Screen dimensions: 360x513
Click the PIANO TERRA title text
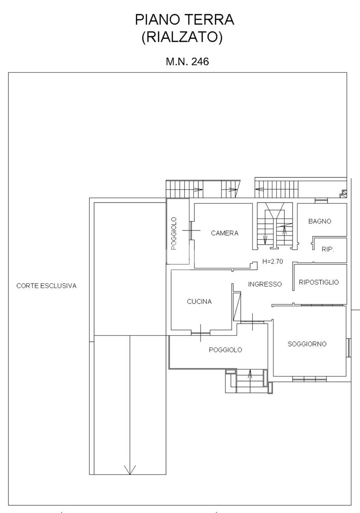click(185, 20)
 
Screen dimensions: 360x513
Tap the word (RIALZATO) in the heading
click(182, 37)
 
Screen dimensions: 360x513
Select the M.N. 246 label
click(187, 62)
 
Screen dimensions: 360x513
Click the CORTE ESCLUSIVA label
click(47, 286)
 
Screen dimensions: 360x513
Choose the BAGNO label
click(320, 221)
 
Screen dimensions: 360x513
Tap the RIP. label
click(328, 249)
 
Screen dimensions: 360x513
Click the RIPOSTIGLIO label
click(319, 282)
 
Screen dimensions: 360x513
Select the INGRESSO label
click(265, 284)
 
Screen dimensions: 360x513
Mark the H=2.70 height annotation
click(272, 261)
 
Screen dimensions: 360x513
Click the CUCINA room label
click(199, 302)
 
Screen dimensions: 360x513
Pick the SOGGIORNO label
click(307, 344)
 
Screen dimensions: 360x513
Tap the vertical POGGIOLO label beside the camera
click(174, 233)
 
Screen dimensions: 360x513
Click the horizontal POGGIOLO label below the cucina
click(225, 350)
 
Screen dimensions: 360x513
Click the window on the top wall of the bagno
click(321, 201)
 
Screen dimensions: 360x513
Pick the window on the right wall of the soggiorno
click(349, 348)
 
